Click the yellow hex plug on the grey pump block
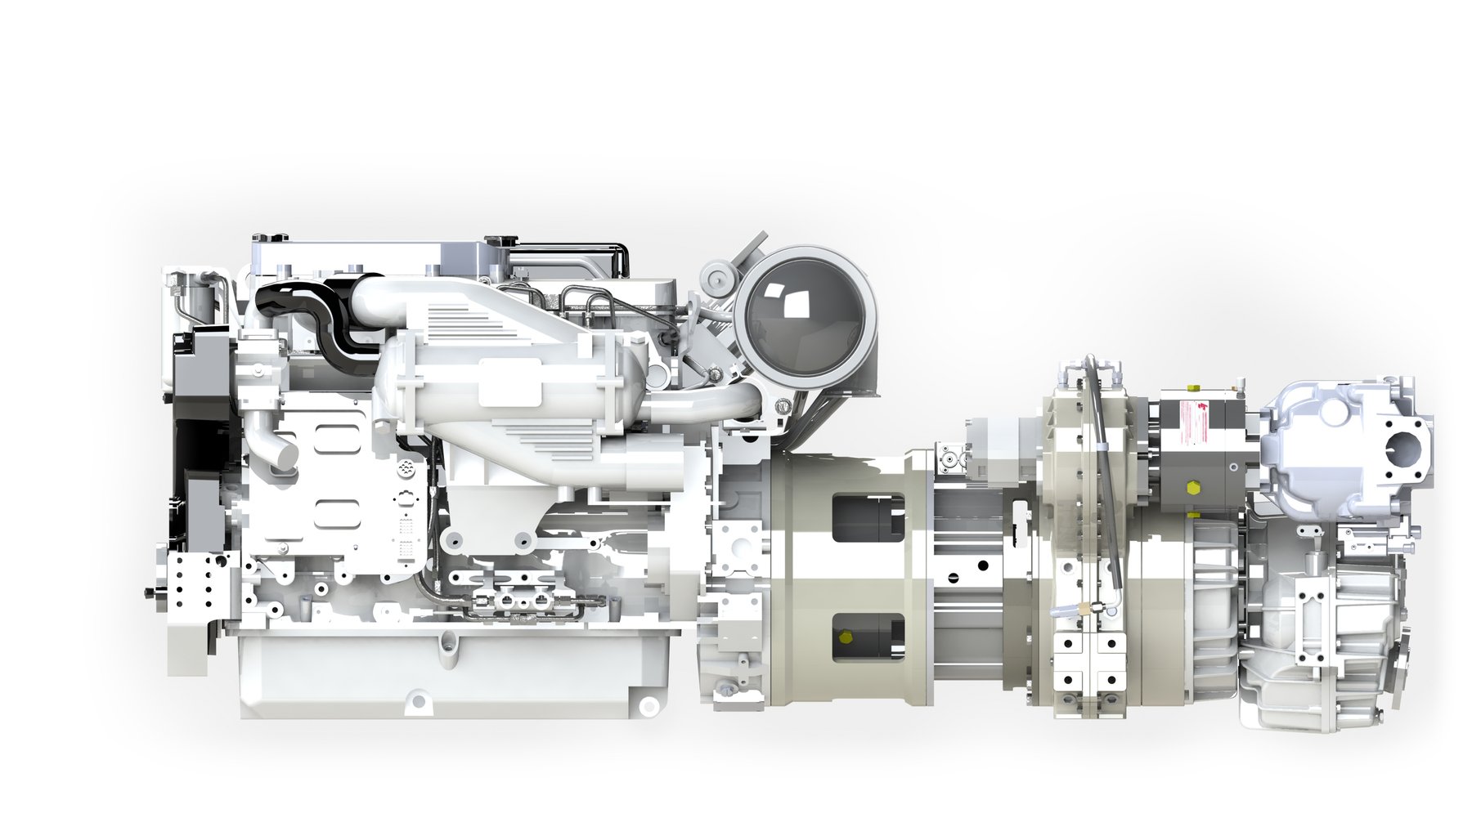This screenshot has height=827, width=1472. click(1192, 489)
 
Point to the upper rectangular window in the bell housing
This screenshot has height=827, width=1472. click(868, 516)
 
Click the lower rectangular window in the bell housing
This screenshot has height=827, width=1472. click(868, 637)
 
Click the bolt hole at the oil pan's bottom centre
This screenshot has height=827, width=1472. click(418, 700)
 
